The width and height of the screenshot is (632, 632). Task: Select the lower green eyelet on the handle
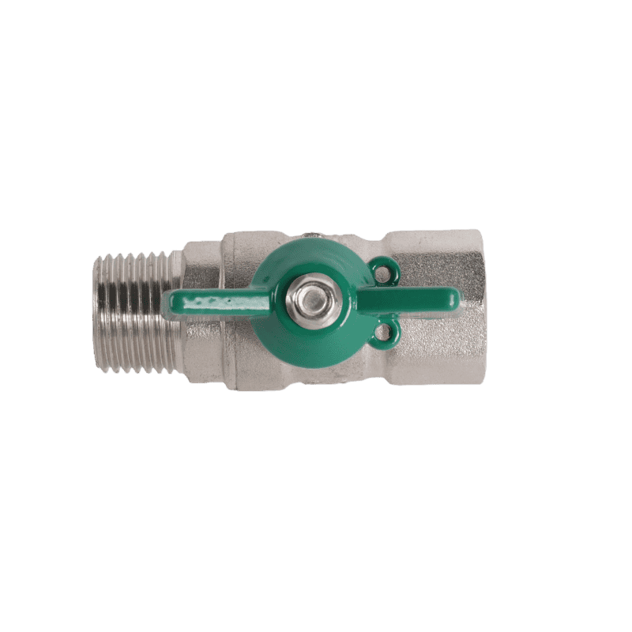[x=386, y=330]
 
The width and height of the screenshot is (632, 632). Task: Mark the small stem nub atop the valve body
[x=310, y=235]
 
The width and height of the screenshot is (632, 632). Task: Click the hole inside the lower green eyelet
[x=386, y=330]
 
